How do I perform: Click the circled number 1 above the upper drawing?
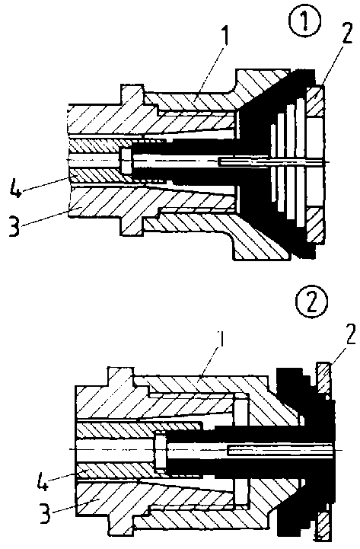(x=304, y=21)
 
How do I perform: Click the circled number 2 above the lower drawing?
(x=312, y=302)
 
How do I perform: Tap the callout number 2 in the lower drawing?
(x=349, y=334)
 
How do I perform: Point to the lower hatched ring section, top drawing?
(x=316, y=226)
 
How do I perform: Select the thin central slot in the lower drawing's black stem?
(x=281, y=450)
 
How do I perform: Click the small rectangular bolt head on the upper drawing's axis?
(x=126, y=161)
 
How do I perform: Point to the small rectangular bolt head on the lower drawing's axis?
(x=161, y=454)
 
